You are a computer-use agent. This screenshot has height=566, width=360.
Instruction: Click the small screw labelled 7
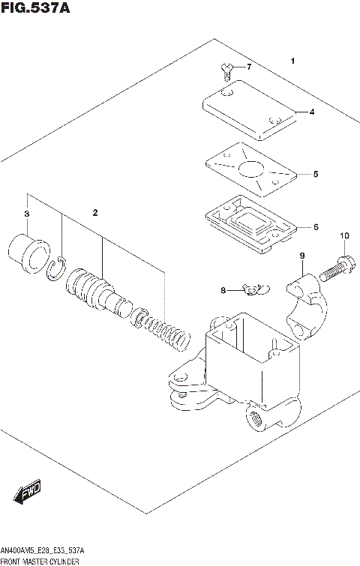tap(226, 71)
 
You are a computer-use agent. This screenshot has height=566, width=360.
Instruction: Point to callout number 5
tap(316, 174)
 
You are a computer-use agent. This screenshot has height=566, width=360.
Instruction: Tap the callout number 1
tap(293, 61)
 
